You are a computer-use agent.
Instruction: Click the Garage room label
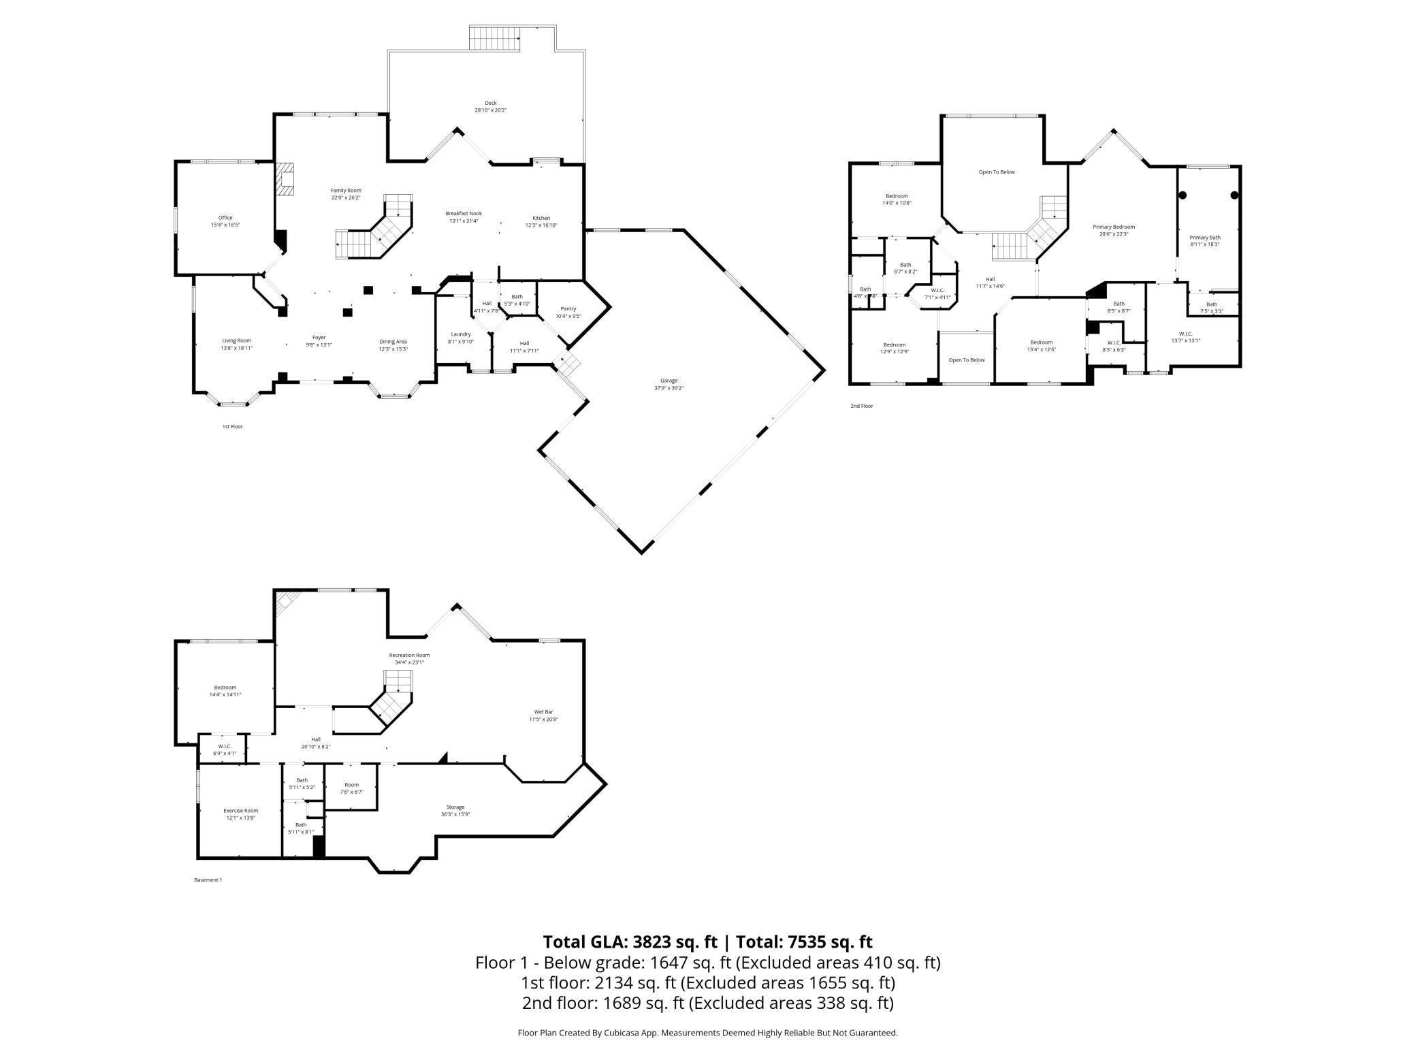[669, 381]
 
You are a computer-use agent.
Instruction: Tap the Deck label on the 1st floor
[490, 103]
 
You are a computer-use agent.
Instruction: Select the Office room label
[225, 218]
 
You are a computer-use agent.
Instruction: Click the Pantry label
[568, 308]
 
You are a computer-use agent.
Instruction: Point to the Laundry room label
[461, 334]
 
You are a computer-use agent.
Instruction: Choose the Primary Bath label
[1205, 238]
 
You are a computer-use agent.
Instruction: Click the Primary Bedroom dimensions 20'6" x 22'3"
[1114, 234]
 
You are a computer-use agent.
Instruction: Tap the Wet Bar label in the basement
[543, 712]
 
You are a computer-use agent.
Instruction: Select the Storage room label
[455, 807]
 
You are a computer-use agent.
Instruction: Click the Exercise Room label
[241, 811]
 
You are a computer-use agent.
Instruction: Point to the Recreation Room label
[409, 655]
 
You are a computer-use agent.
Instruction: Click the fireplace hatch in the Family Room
[286, 178]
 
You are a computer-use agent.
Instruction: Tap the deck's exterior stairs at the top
[495, 37]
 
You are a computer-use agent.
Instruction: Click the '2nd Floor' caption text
[861, 406]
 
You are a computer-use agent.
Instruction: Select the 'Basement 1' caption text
[208, 880]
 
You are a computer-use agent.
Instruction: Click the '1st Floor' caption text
[232, 427]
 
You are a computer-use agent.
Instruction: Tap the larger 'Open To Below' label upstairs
[997, 172]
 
